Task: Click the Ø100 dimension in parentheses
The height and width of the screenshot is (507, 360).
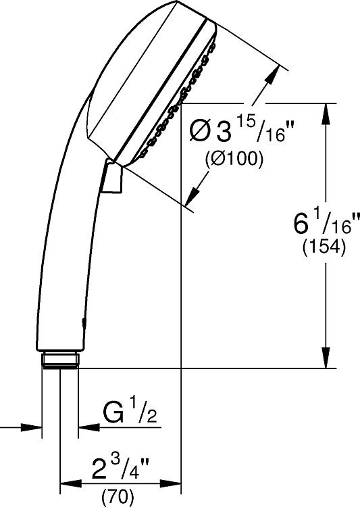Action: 234,159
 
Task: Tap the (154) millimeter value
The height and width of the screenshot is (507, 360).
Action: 324,247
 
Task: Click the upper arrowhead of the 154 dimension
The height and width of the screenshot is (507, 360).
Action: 326,113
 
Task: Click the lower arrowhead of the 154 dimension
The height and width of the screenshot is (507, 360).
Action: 326,358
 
